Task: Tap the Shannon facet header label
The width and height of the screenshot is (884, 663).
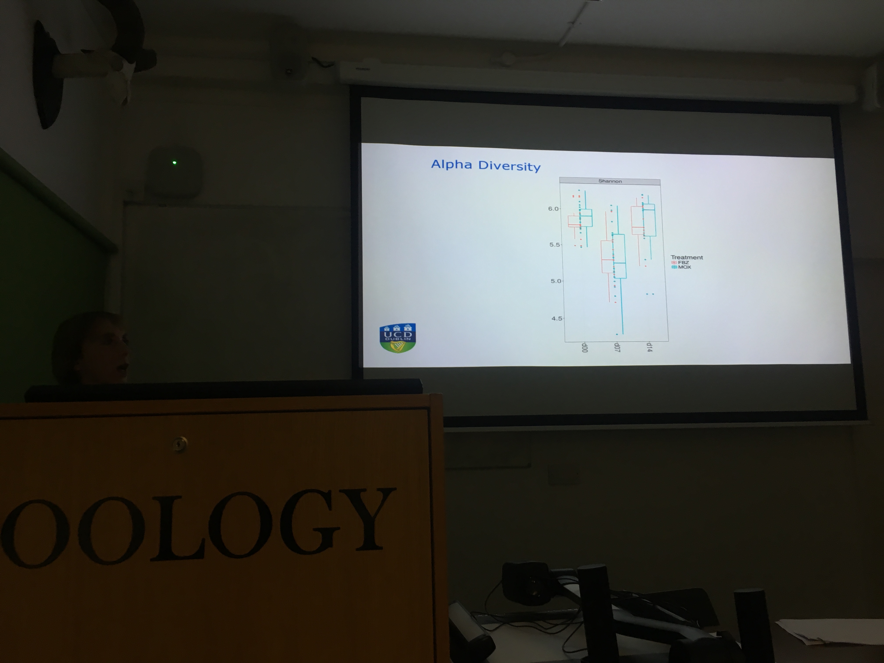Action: tap(610, 181)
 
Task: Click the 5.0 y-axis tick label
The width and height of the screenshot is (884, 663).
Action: tap(556, 281)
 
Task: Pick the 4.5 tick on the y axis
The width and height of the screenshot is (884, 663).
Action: tap(557, 319)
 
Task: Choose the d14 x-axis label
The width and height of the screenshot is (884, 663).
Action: tap(649, 347)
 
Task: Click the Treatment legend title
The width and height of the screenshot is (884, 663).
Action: tap(687, 257)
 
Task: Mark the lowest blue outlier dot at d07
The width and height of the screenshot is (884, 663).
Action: tap(617, 334)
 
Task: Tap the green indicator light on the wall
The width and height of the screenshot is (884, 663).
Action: tap(174, 163)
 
